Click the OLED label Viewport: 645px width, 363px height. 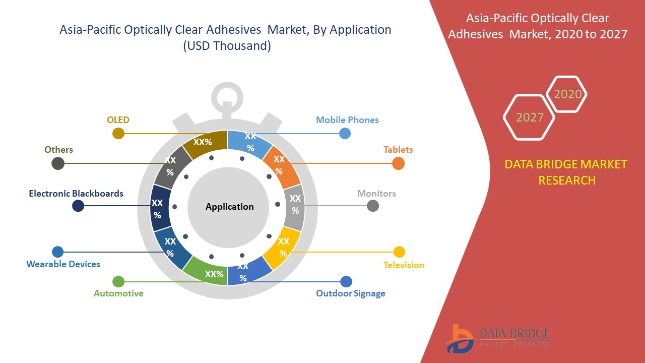(118, 119)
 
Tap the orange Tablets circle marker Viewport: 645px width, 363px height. (398, 163)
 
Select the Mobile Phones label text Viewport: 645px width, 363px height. (347, 120)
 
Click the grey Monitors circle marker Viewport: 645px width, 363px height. (372, 206)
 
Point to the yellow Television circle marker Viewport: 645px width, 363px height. (399, 252)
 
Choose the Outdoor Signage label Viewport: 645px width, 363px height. (350, 293)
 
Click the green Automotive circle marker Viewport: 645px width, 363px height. (118, 281)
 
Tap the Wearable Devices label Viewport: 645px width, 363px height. (63, 264)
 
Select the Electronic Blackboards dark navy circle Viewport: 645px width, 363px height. (78, 206)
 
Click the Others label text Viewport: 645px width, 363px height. (59, 150)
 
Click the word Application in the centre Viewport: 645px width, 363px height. (229, 207)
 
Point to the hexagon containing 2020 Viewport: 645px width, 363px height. (566, 94)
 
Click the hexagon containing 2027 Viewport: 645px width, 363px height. (529, 117)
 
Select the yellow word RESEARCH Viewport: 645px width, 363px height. (567, 180)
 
